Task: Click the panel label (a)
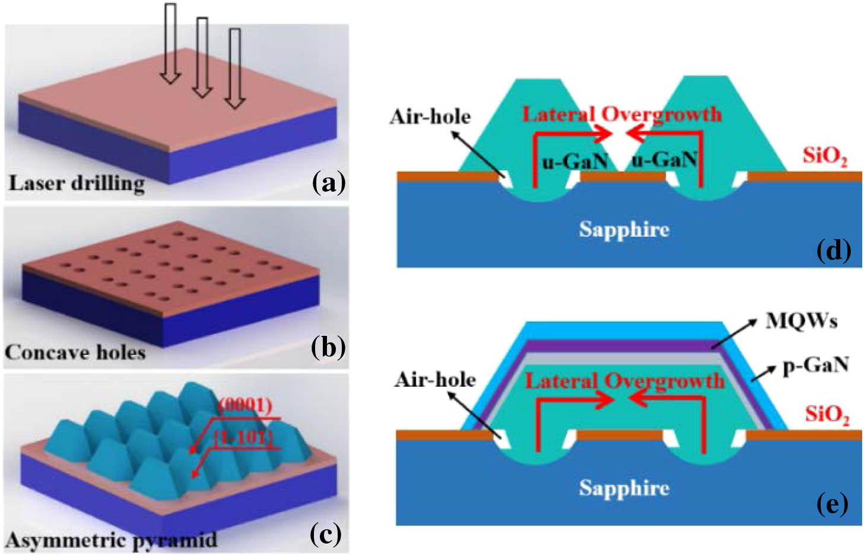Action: coord(328,183)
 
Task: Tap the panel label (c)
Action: coord(326,535)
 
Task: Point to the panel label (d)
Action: coord(834,251)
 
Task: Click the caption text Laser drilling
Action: coord(76,183)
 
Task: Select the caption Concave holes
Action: coord(75,352)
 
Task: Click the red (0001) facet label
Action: coord(245,406)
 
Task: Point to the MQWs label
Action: coord(801,321)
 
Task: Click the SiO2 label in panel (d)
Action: coord(825,157)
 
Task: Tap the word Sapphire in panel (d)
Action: coord(624,229)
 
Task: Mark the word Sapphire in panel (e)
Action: coord(624,488)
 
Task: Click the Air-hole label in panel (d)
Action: coord(430,116)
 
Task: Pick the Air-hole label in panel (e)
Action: coord(435,379)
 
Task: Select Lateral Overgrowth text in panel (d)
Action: coord(622,114)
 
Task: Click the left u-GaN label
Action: coord(575,160)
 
